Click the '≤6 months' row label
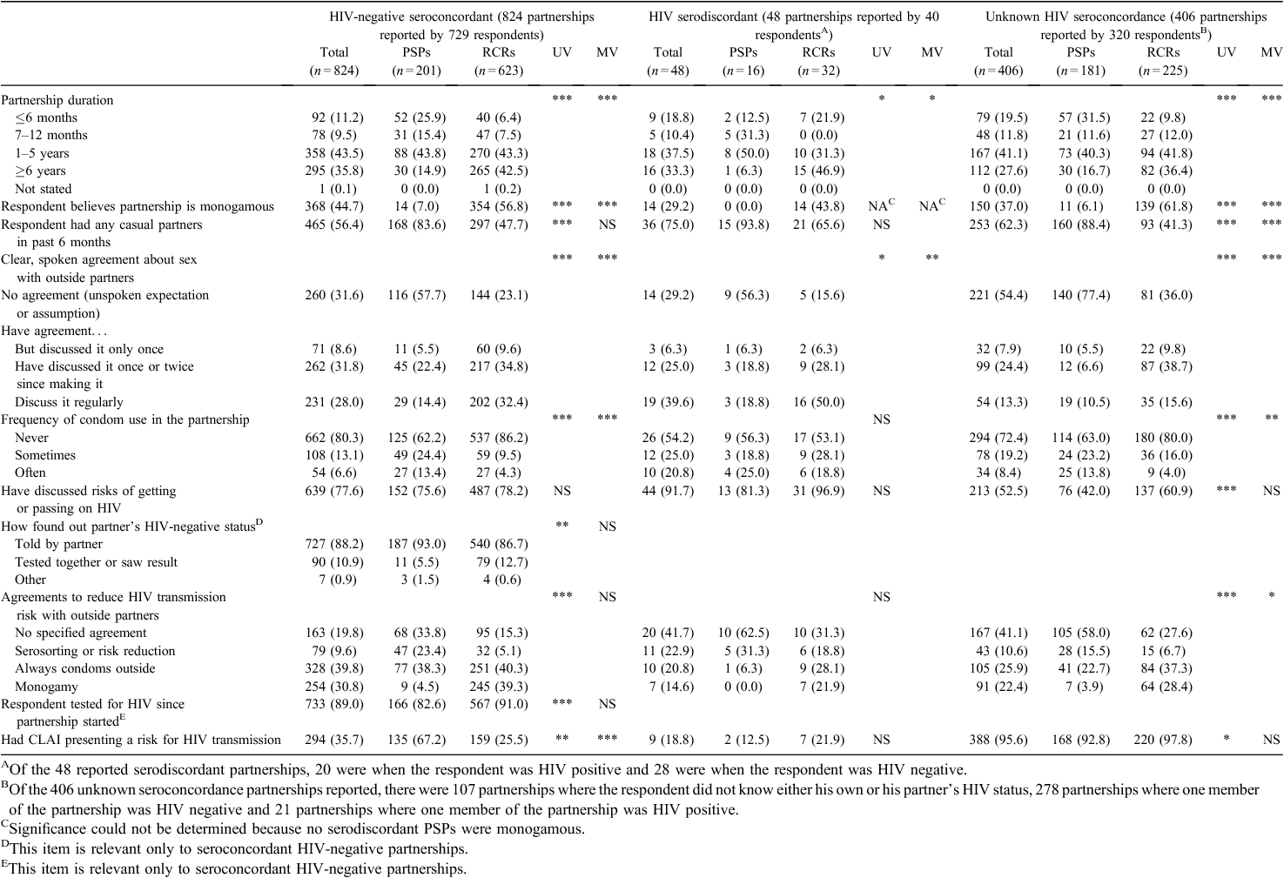pos(46,117)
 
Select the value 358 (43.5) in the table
pos(334,153)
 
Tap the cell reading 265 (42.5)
pos(499,171)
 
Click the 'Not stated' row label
pos(44,189)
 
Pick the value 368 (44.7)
pos(334,206)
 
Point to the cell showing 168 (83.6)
pos(417,225)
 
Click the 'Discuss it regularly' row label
pos(70,402)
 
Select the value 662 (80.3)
pos(334,438)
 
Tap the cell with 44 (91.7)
pos(668,491)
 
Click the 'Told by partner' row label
pos(59,544)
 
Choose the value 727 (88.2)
pos(334,544)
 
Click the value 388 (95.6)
pos(998,740)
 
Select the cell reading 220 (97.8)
pos(1163,740)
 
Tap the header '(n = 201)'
pos(417,70)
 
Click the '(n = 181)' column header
pos(1081,70)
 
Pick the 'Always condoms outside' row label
pos(85,668)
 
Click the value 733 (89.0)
pos(334,704)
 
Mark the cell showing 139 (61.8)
pos(1163,206)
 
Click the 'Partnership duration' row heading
pos(57,100)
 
